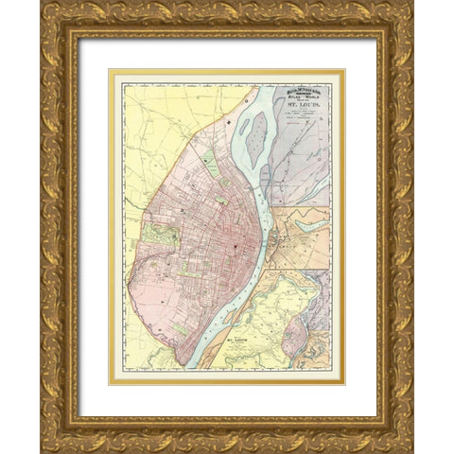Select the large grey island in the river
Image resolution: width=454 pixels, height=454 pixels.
pos(255,131)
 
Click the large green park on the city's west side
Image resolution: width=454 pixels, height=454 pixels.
pos(160,235)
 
